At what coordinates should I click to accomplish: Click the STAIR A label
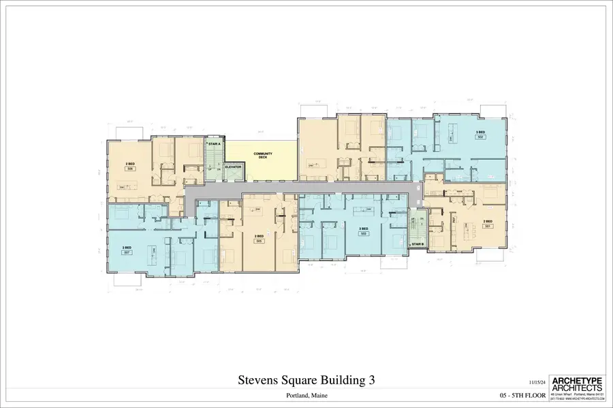pyautogui.click(x=214, y=144)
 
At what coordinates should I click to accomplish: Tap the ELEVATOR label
pyautogui.click(x=234, y=167)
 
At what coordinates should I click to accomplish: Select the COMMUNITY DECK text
pyautogui.click(x=263, y=156)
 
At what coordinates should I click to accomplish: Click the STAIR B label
pyautogui.click(x=418, y=243)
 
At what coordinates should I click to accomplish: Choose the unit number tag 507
pyautogui.click(x=127, y=252)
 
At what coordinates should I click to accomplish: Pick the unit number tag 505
pyautogui.click(x=259, y=240)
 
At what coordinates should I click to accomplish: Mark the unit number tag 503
pyautogui.click(x=364, y=232)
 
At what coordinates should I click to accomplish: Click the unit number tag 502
pyautogui.click(x=480, y=137)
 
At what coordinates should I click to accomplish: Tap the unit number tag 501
pyautogui.click(x=488, y=226)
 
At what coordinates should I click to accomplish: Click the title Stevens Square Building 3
pyautogui.click(x=306, y=379)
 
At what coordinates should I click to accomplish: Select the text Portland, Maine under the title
pyautogui.click(x=306, y=395)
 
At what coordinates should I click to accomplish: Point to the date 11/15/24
pyautogui.click(x=537, y=383)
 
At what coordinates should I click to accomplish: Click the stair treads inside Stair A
pyautogui.click(x=214, y=162)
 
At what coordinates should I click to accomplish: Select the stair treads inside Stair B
pyautogui.click(x=417, y=224)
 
